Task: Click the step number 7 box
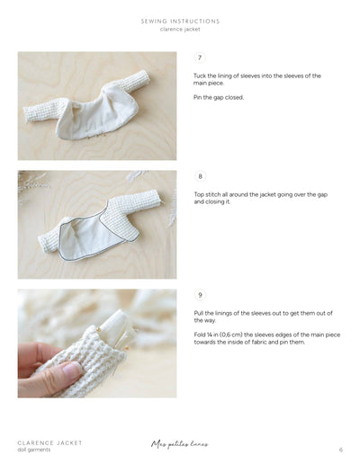[200, 58]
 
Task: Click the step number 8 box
[200, 176]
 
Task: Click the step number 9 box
[200, 295]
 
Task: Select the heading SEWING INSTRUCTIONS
[180, 21]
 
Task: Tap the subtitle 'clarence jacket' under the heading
[180, 29]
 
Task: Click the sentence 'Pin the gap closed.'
[219, 97]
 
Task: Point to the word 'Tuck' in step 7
[200, 76]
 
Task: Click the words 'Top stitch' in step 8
[209, 194]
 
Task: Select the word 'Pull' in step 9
[199, 313]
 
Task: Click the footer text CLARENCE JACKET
[49, 442]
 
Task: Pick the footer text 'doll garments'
[34, 450]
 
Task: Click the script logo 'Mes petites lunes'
[181, 444]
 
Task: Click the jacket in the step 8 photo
[94, 223]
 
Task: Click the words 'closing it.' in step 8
[212, 202]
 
